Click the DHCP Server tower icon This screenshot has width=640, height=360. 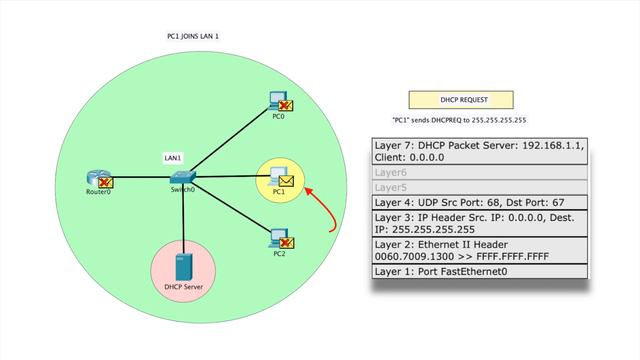click(183, 267)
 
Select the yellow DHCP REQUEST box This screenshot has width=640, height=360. click(453, 100)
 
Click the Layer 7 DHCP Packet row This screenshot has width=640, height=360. click(480, 151)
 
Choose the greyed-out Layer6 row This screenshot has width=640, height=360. click(480, 172)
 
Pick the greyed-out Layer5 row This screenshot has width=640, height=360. click(480, 186)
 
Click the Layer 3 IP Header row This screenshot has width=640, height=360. click(480, 222)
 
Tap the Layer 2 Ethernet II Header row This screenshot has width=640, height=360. click(480, 250)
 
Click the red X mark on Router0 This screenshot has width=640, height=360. click(105, 182)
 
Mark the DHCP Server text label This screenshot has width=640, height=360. click(183, 288)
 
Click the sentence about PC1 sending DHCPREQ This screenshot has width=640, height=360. click(453, 119)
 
